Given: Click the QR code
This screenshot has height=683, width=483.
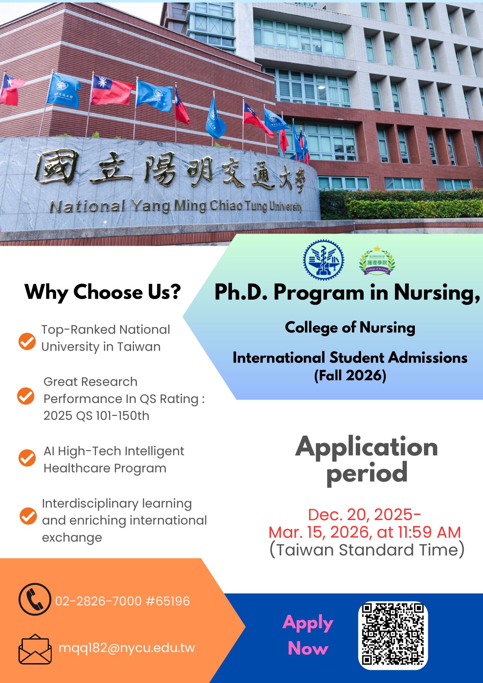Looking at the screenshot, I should point(393,635).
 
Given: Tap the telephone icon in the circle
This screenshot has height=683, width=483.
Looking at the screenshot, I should point(35,599).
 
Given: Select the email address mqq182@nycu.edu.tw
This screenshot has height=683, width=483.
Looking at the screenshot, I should point(127,648).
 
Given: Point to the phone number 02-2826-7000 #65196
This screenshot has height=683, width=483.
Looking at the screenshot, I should point(123,601).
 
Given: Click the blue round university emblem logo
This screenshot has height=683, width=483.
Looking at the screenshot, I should point(323,260).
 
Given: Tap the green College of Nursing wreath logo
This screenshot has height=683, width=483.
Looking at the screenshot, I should point(377,261).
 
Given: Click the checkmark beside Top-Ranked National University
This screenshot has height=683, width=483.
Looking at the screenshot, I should point(27,341).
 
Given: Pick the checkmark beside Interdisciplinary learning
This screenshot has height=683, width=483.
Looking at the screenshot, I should point(28,516).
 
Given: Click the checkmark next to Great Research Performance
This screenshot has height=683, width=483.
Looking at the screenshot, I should point(26,396).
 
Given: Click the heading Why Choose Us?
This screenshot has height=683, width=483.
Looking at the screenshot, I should point(103,292).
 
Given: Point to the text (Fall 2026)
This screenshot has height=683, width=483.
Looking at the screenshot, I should point(350,375).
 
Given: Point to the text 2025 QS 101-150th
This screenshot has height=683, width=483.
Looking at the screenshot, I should point(96,416).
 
